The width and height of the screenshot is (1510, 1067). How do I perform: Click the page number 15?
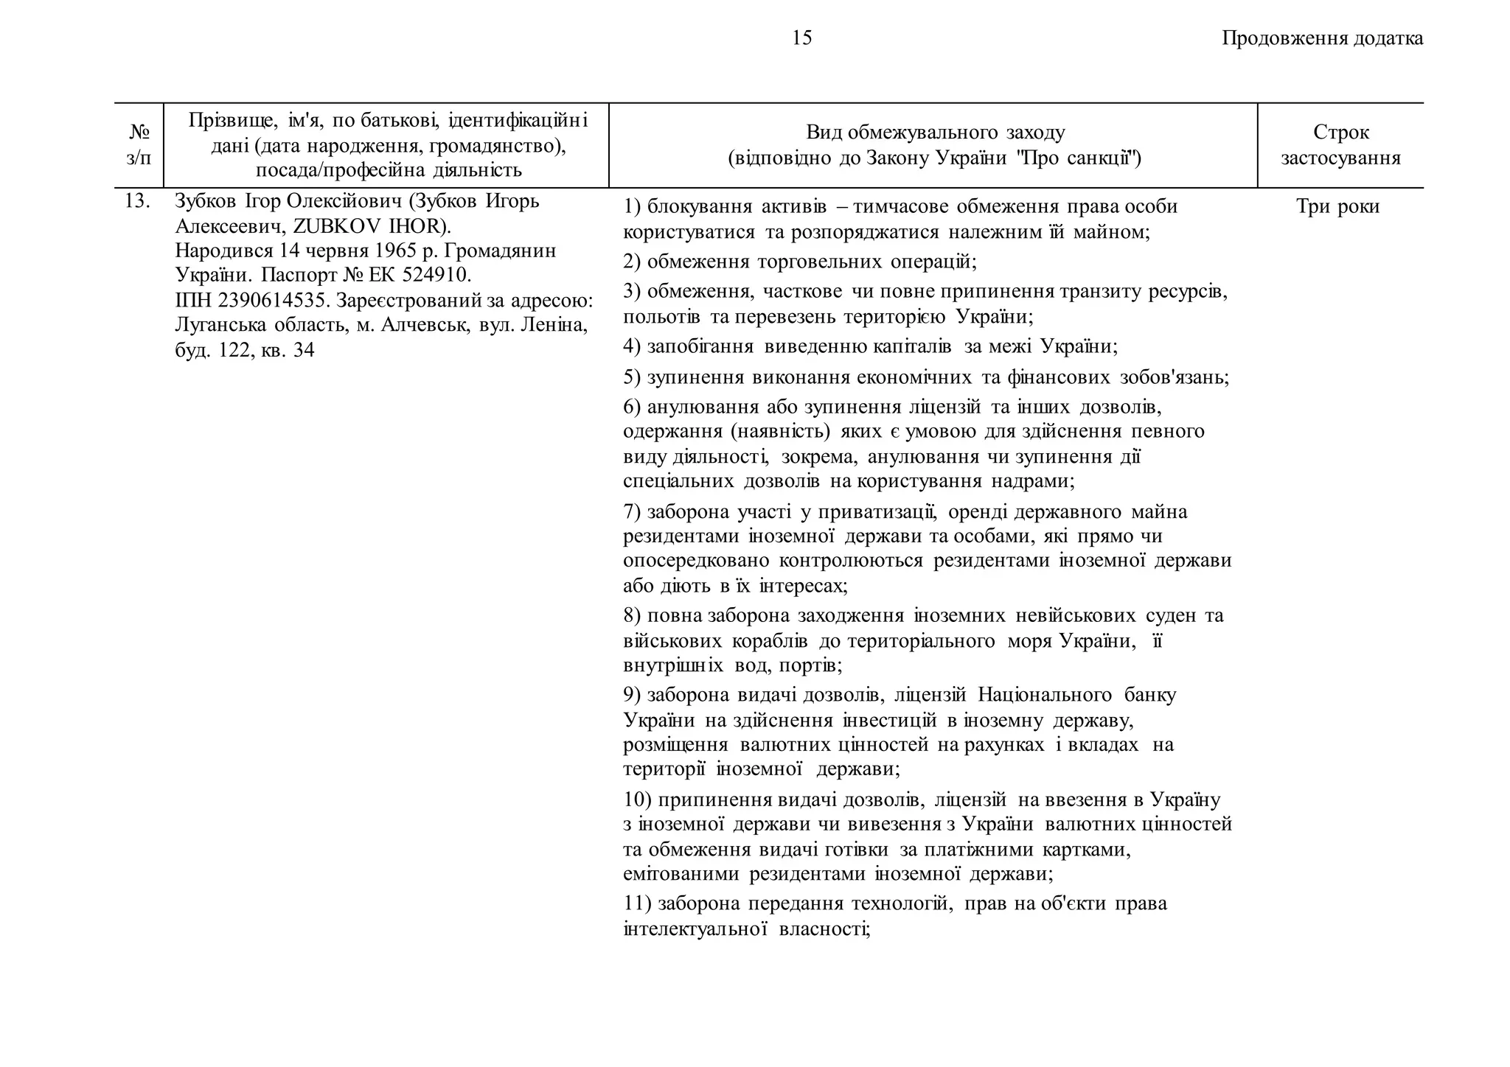[801, 38]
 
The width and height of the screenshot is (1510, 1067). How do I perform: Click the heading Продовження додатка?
[1322, 38]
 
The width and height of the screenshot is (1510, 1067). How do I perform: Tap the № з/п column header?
[139, 144]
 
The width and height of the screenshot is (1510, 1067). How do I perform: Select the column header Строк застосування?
[1340, 144]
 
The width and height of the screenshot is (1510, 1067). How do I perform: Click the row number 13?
[137, 201]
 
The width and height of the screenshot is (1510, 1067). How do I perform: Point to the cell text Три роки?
[1337, 206]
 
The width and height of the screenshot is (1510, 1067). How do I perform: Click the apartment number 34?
[303, 350]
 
